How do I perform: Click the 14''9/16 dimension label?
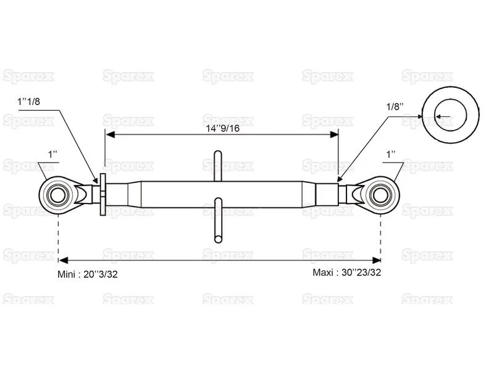click(x=223, y=128)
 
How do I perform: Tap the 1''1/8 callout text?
click(x=28, y=101)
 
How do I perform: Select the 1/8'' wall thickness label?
click(x=395, y=106)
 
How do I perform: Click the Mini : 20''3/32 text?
click(x=87, y=274)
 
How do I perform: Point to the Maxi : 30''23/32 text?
click(x=346, y=272)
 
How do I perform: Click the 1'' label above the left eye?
click(x=52, y=155)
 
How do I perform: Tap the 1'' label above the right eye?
click(x=391, y=155)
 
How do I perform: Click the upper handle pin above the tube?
click(x=218, y=166)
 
